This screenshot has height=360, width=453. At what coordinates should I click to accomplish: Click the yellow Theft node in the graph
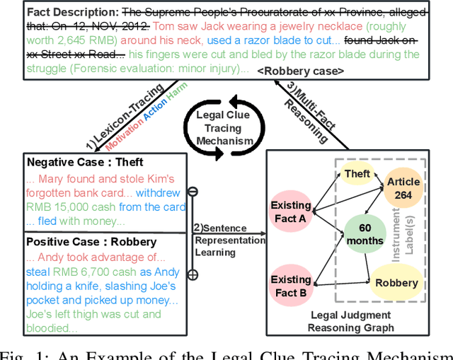357,173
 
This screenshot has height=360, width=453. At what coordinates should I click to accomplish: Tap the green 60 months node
364,233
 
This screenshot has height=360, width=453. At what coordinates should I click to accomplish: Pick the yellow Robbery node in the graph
397,283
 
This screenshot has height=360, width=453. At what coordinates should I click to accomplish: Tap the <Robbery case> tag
301,71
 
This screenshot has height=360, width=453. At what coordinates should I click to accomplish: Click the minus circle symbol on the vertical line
192,192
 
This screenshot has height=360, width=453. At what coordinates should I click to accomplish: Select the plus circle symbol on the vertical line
192,274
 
